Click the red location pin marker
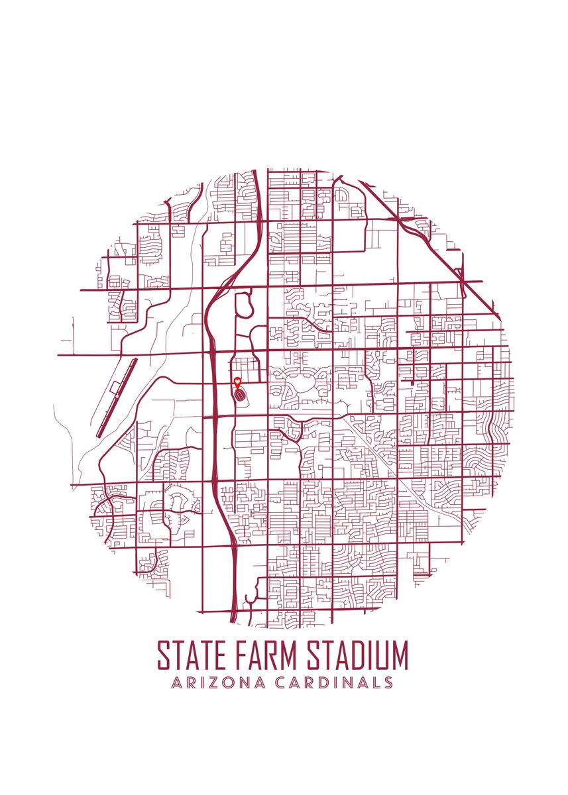[238, 382]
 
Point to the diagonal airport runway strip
[117, 397]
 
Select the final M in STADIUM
[397, 656]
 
